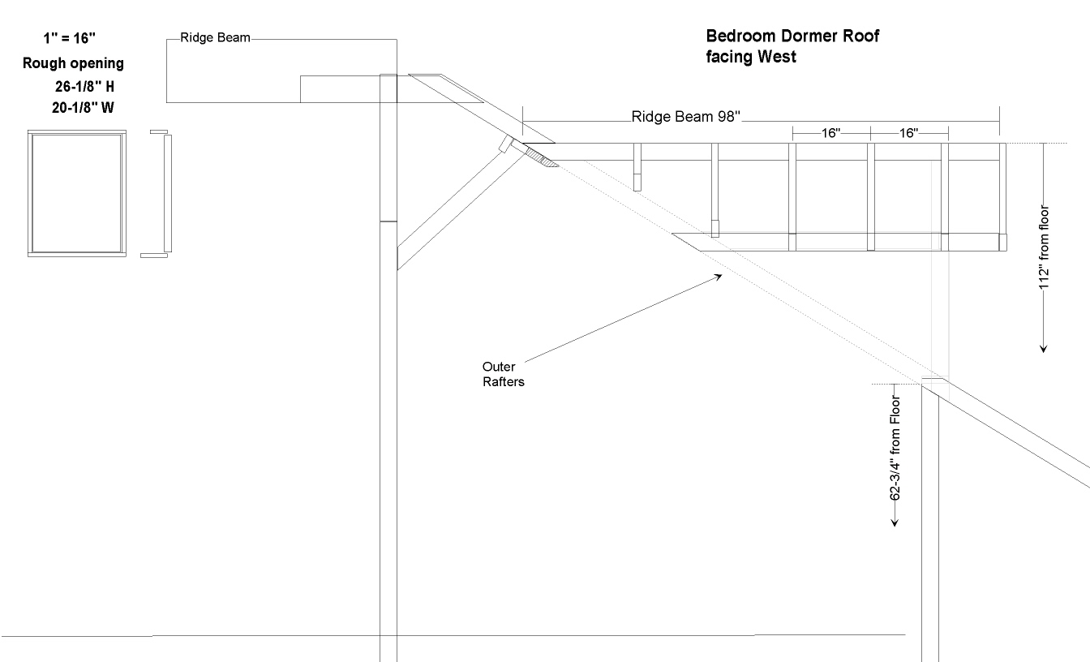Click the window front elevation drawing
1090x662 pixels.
coord(77,194)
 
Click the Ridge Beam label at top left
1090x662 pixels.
coord(215,38)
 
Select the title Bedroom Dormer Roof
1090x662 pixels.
coord(792,37)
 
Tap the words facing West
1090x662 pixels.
coord(751,57)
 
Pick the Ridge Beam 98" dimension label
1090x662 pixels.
coord(686,116)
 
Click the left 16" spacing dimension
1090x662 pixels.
coord(830,133)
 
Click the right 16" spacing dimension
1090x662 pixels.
coord(909,133)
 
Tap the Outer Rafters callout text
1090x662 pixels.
coord(504,374)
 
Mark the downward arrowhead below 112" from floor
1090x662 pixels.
coord(1045,348)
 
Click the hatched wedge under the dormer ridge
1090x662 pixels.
coord(542,157)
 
